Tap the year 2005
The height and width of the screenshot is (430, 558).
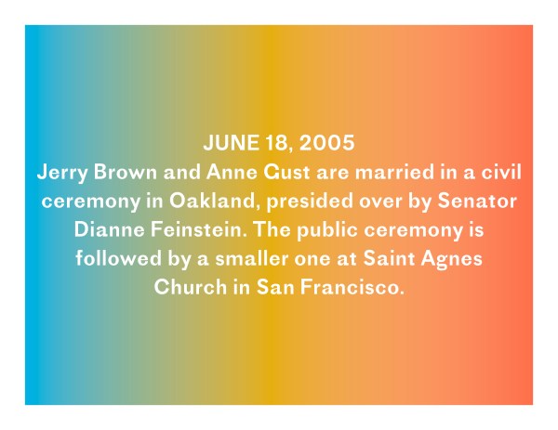coord(326,142)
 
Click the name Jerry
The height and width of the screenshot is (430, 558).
coord(62,173)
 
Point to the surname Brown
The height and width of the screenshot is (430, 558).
coord(125,172)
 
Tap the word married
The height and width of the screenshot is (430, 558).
coord(394,172)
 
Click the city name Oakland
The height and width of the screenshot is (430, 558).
coord(212,202)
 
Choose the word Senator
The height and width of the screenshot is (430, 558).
coord(477,201)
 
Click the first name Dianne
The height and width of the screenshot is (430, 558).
coord(109,229)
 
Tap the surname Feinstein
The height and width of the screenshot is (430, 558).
coord(199,229)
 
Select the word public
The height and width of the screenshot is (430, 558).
coord(327,230)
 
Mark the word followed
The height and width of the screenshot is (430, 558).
coord(118,258)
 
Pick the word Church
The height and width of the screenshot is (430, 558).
coord(191,287)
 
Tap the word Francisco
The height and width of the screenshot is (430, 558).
coord(352,287)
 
